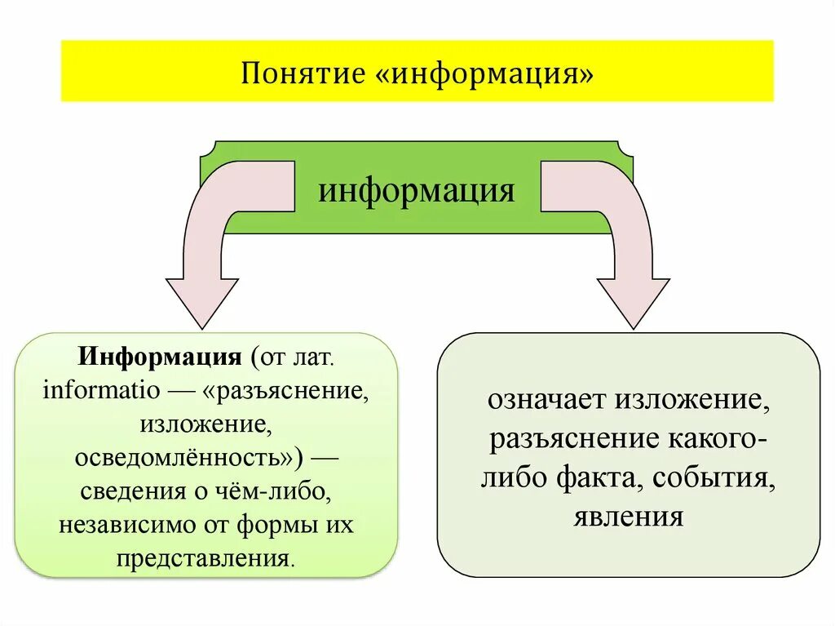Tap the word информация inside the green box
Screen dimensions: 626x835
tap(417, 192)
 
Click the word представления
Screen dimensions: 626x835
tap(204, 560)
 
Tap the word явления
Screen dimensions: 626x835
tap(628, 517)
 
